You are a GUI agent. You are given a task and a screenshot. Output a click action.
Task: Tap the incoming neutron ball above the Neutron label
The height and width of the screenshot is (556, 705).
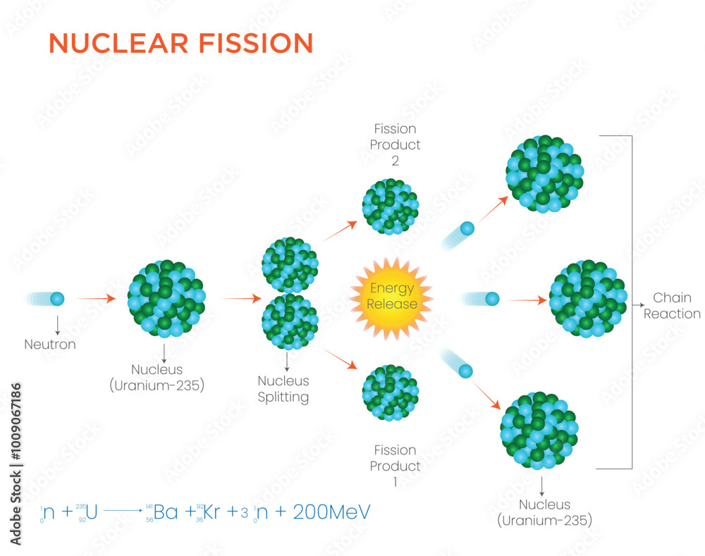pyautogui.click(x=57, y=299)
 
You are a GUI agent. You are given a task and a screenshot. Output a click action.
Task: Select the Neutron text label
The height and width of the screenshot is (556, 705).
pyautogui.click(x=50, y=345)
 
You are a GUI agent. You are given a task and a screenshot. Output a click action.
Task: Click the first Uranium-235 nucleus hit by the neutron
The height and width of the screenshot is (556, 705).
pyautogui.click(x=166, y=297)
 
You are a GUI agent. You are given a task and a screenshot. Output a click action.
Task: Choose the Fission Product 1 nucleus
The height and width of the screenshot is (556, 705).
pyautogui.click(x=390, y=393)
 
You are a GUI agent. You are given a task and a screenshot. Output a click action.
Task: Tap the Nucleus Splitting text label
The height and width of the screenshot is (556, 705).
pyautogui.click(x=283, y=389)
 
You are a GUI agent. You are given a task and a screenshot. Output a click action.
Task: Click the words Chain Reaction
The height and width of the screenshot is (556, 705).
pyautogui.click(x=672, y=306)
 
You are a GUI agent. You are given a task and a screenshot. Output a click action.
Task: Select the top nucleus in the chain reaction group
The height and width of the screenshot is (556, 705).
pyautogui.click(x=545, y=173)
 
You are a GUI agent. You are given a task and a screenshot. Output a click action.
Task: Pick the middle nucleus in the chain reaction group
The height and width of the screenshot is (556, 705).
pyautogui.click(x=587, y=299)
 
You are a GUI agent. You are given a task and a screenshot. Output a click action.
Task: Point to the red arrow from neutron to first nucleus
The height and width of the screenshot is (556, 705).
pyautogui.click(x=94, y=299)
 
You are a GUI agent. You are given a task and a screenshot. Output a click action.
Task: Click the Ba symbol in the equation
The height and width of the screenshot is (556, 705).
pyautogui.click(x=166, y=512)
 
